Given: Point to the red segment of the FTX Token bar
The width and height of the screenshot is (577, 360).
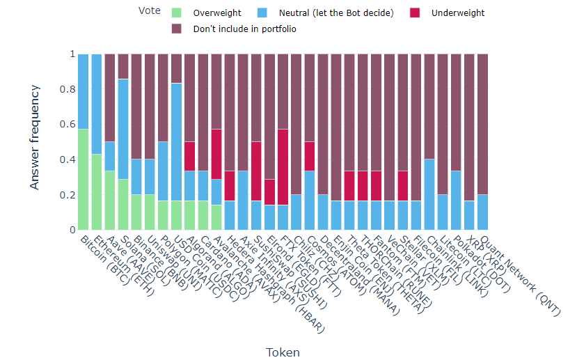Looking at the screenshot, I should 283,167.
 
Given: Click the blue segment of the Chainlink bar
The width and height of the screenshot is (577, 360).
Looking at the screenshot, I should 430,195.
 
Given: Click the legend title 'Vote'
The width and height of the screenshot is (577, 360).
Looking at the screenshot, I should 148,11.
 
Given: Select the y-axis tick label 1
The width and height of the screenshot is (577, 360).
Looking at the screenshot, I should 70,54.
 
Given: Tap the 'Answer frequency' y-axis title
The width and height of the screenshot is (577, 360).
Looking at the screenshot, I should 35,142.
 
